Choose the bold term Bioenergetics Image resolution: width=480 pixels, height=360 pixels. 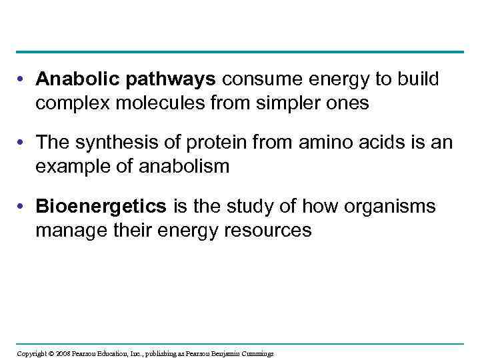(x=101, y=206)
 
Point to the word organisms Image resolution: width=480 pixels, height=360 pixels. (x=389, y=206)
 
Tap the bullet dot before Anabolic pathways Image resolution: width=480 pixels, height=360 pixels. (x=23, y=80)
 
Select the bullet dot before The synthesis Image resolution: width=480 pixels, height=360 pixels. (x=23, y=143)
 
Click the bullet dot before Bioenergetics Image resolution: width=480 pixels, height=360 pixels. (x=23, y=207)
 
